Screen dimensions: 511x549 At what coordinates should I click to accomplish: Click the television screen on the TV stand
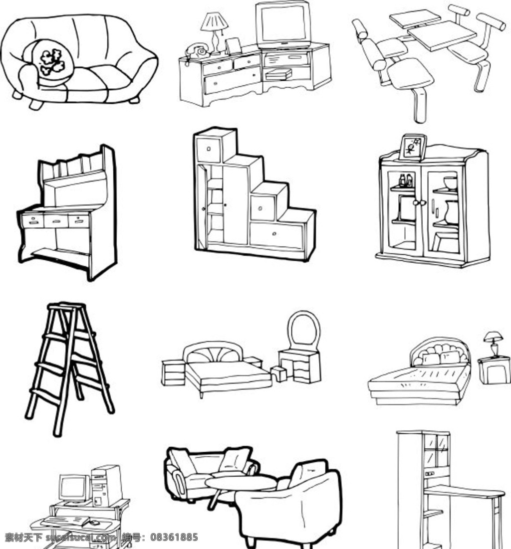283,24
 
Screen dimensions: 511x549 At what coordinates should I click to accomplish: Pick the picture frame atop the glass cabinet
413,147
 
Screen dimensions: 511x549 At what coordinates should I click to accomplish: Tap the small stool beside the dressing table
279,373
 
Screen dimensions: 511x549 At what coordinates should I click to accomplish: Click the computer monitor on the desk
73,489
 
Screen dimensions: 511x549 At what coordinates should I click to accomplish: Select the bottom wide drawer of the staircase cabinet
276,235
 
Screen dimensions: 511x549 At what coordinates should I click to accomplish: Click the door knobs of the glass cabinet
420,202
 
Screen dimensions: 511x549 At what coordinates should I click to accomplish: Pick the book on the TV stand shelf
278,74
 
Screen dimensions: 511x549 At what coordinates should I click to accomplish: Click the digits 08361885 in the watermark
174,537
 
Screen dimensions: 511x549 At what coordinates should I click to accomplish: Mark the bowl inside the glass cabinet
450,183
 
